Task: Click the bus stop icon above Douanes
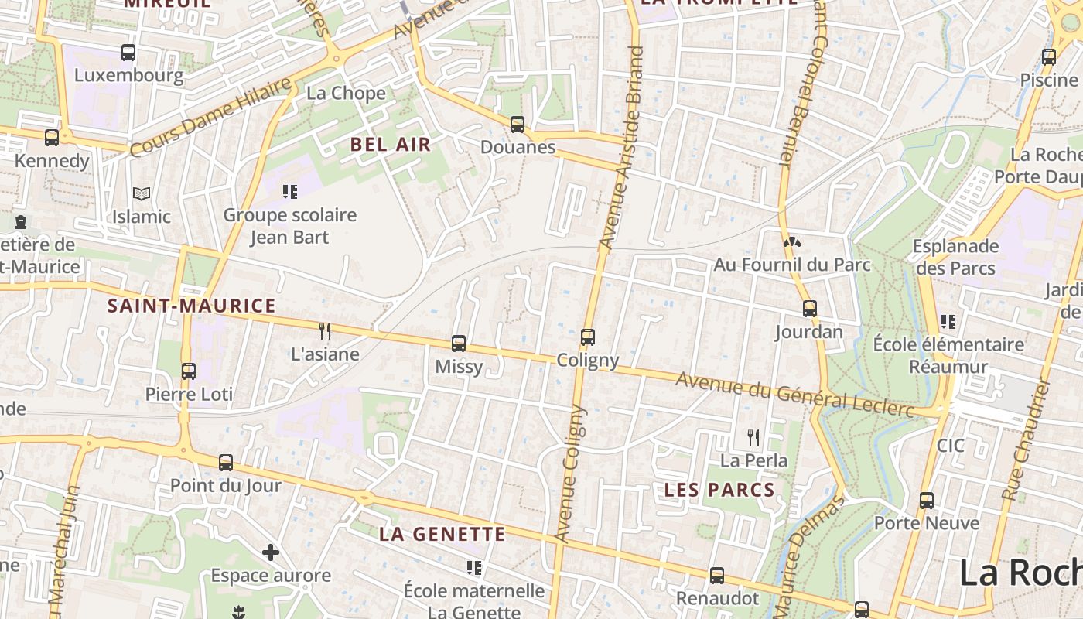tap(517, 124)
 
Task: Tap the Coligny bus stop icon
tap(588, 337)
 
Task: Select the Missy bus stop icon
tap(459, 343)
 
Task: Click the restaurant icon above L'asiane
tap(325, 331)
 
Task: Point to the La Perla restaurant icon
tap(753, 438)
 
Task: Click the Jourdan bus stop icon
tap(809, 309)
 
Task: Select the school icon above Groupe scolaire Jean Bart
tap(290, 192)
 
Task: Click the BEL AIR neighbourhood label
tap(391, 145)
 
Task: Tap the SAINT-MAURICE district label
tap(191, 306)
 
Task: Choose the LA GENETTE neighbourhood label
tap(442, 534)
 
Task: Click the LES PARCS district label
tap(719, 490)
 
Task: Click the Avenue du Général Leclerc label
tap(795, 393)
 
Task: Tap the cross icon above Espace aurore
tap(270, 552)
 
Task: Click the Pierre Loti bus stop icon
tap(189, 371)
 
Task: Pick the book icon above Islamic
tap(141, 193)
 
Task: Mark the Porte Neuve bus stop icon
tap(927, 501)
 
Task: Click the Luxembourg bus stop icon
tap(128, 53)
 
